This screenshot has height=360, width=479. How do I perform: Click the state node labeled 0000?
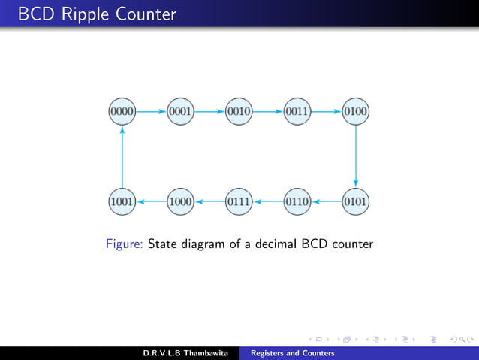coord(122,112)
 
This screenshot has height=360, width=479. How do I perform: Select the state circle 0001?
coord(181,112)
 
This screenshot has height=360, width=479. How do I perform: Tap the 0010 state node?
coord(239,112)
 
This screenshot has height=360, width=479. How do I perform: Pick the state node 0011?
coord(297,112)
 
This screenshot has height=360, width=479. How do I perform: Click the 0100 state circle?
coord(355,112)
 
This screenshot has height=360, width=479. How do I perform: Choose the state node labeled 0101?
coord(355,201)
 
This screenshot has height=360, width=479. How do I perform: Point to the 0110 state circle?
coord(297,201)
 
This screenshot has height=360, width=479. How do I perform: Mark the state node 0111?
coord(239,201)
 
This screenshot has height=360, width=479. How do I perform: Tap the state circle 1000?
coord(181,201)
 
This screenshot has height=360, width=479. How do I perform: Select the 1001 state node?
coord(122,201)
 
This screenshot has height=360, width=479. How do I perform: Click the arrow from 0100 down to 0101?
coord(355,156)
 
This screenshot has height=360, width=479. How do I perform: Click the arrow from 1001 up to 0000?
coord(122,156)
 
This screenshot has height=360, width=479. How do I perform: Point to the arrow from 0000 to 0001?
coord(152,112)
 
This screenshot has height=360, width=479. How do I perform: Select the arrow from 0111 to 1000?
coord(209,201)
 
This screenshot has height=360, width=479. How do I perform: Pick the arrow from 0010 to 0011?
coord(268,112)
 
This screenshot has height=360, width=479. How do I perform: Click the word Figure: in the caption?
coord(125,244)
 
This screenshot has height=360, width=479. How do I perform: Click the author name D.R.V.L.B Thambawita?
coord(185,352)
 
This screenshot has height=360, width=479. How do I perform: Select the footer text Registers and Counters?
coord(292,352)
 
